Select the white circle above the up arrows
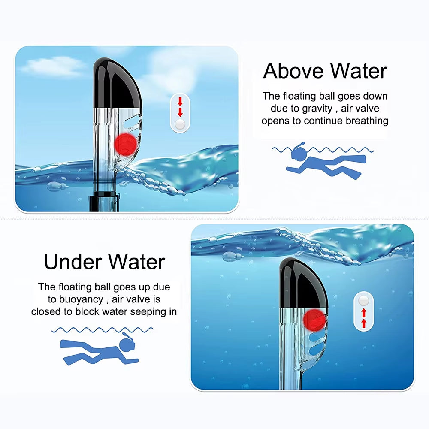pos(364,300)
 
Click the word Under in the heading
pos(71,262)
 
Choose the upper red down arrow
pos(180,102)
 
